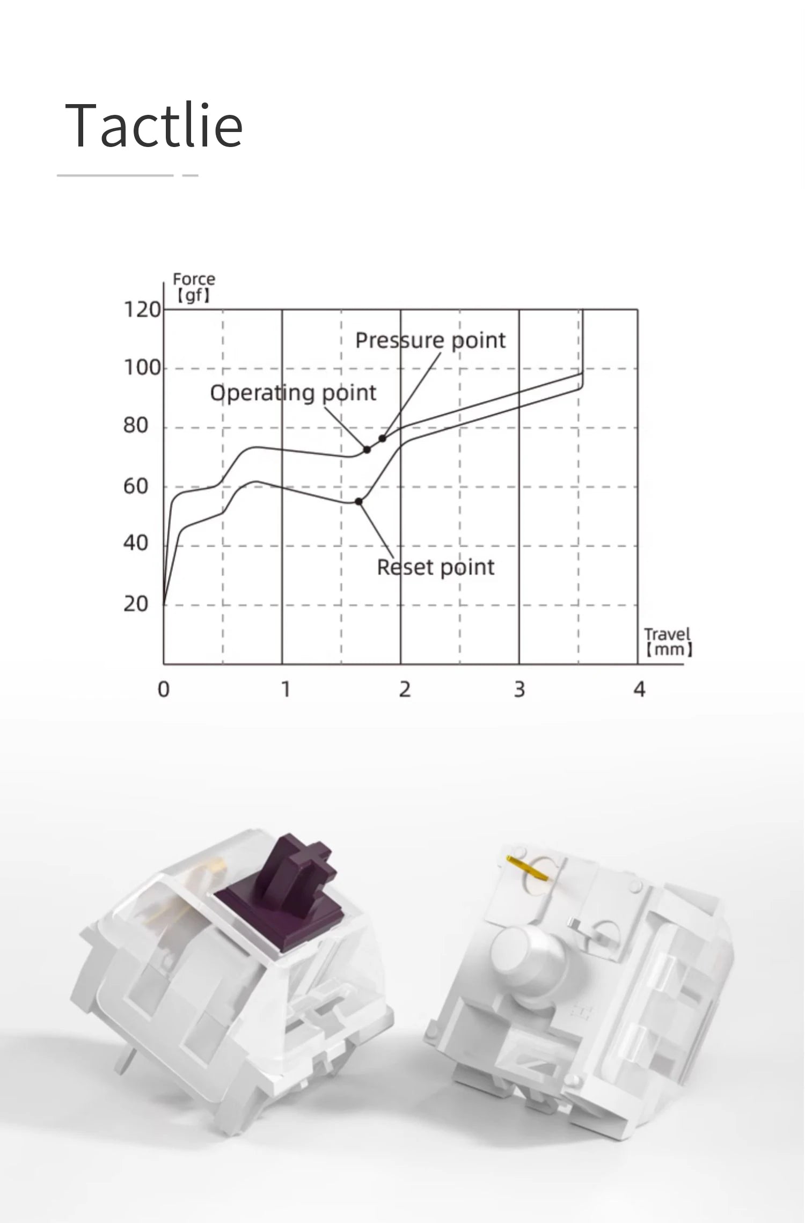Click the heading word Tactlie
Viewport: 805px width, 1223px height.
[x=154, y=125]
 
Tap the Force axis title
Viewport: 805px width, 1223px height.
[x=194, y=287]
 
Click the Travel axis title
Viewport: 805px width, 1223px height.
[x=668, y=642]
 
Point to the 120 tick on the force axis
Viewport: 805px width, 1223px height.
[x=142, y=310]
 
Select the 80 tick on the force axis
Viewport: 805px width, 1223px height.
[x=135, y=426]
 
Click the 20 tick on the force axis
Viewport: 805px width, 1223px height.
[x=135, y=604]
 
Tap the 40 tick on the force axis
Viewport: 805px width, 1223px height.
[x=135, y=544]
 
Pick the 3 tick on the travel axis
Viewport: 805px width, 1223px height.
[x=519, y=690]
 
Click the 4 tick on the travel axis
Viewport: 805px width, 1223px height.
[x=639, y=690]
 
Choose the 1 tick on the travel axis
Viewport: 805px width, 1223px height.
[x=286, y=690]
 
